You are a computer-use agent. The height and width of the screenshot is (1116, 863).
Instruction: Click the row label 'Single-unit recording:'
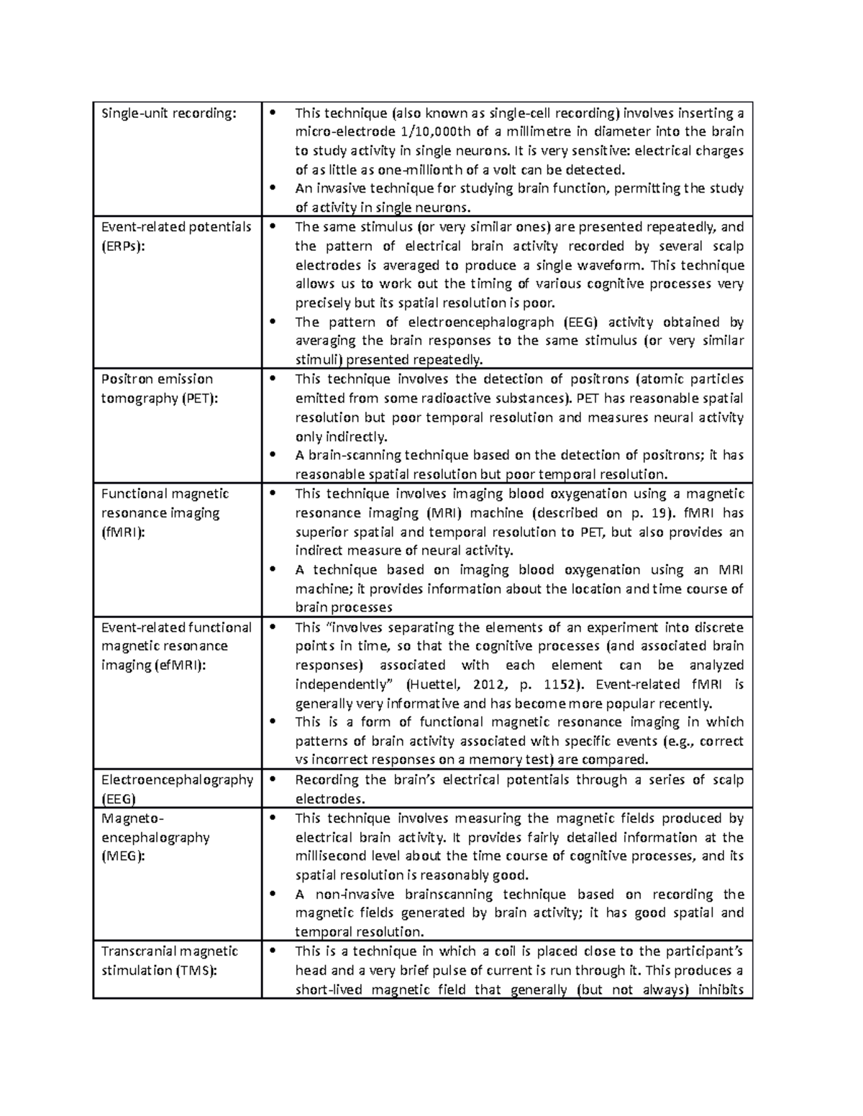168,113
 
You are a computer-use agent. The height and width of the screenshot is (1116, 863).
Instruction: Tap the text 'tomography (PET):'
159,398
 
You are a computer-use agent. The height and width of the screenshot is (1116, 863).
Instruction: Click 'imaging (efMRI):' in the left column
154,665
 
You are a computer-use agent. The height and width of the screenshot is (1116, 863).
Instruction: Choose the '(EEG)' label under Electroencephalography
119,799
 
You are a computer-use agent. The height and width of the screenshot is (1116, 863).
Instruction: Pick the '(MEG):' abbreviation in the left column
123,856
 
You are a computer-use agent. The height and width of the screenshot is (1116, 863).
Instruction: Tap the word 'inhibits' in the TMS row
721,990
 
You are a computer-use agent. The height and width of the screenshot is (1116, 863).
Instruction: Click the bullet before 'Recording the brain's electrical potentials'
272,780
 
